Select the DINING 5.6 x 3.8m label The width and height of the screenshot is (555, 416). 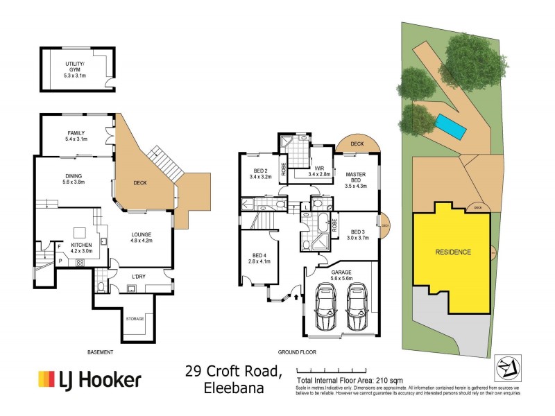pos(73,177)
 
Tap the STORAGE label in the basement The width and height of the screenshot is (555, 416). pos(135,319)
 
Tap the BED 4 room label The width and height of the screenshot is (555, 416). pos(256,260)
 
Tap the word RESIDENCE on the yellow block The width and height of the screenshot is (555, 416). pos(453,252)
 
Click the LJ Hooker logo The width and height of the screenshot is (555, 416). pos(89,379)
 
